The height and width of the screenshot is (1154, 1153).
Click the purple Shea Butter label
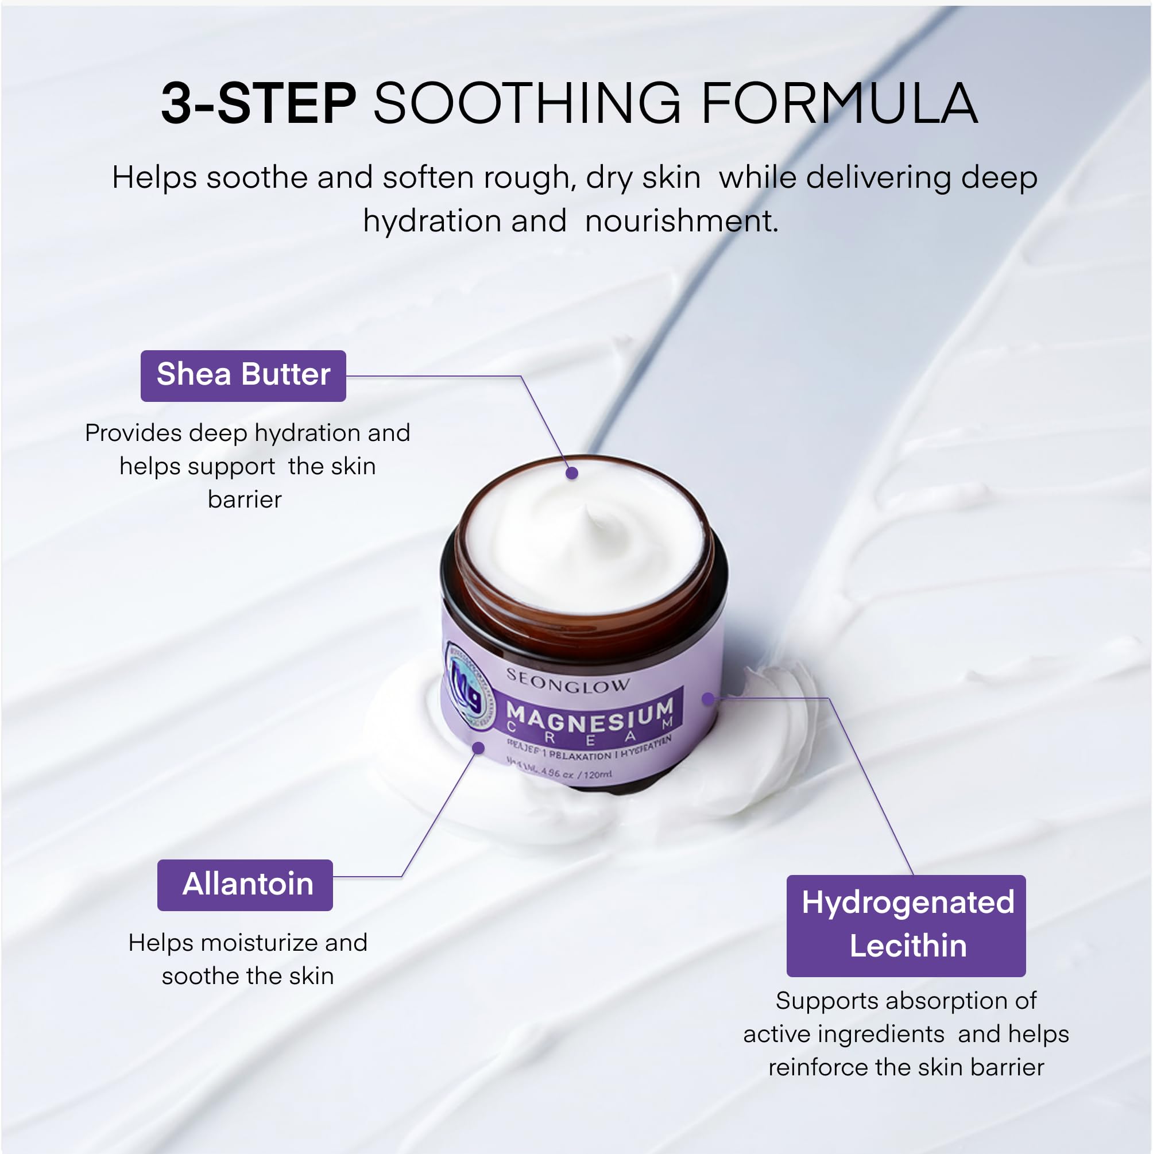coord(243,375)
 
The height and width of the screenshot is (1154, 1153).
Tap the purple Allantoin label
coord(245,885)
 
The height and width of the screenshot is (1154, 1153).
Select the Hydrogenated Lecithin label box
coord(906,925)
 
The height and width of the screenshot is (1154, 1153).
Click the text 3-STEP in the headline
coord(258,104)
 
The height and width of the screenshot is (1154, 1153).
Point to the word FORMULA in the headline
coord(839,104)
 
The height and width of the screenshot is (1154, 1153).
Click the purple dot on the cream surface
coord(572,473)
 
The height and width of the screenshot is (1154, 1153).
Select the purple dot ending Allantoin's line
coord(478,748)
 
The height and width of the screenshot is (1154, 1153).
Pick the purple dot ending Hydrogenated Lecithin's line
coord(708,698)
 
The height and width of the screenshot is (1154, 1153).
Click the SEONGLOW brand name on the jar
coord(567,681)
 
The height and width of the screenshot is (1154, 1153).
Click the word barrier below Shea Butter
coord(245,499)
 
